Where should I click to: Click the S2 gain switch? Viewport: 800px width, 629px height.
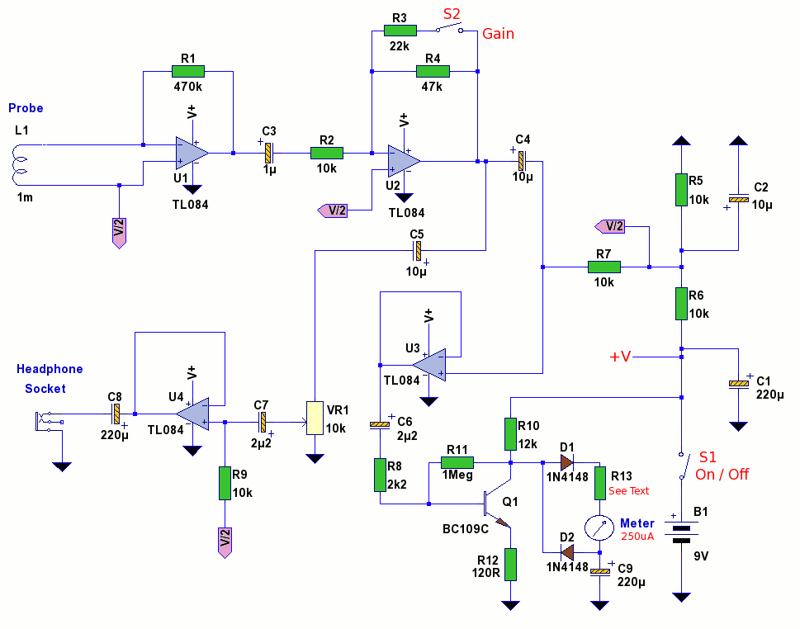(x=450, y=29)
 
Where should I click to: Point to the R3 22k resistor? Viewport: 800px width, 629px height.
(x=400, y=31)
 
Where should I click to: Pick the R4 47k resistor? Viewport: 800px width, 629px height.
(x=433, y=72)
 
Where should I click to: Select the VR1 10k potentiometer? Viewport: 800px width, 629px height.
(x=315, y=418)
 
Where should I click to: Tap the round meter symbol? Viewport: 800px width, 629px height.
(x=600, y=528)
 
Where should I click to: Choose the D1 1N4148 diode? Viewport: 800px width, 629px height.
(x=567, y=463)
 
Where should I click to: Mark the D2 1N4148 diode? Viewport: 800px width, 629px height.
(x=567, y=552)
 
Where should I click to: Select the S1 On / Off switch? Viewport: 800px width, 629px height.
(x=681, y=466)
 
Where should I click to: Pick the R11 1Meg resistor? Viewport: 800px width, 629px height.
(x=457, y=463)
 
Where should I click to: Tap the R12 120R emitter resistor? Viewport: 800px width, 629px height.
(x=511, y=564)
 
